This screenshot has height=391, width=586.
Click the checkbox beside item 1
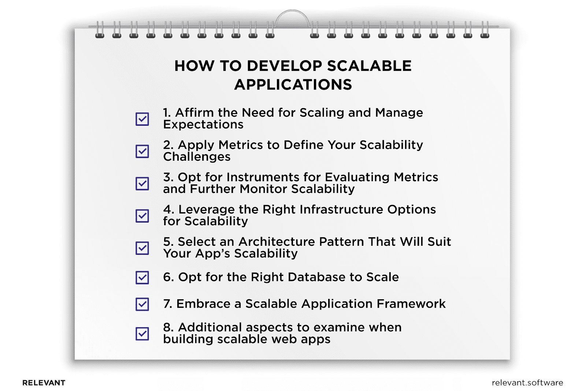click(x=142, y=119)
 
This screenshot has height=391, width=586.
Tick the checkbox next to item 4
click(x=142, y=216)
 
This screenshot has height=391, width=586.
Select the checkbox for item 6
click(x=142, y=277)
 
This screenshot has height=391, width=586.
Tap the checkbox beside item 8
click(x=142, y=333)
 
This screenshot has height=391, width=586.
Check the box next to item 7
click(x=142, y=304)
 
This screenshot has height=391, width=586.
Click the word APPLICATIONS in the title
click(x=293, y=85)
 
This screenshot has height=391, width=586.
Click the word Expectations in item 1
click(x=203, y=125)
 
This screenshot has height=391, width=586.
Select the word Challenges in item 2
click(x=197, y=157)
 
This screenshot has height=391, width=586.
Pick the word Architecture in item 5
click(x=277, y=242)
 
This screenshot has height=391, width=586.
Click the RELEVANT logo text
click(x=44, y=383)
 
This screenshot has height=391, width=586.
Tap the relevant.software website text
click(x=527, y=383)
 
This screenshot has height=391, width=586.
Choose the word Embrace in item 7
click(x=203, y=304)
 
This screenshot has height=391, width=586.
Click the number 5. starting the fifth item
click(x=168, y=242)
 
